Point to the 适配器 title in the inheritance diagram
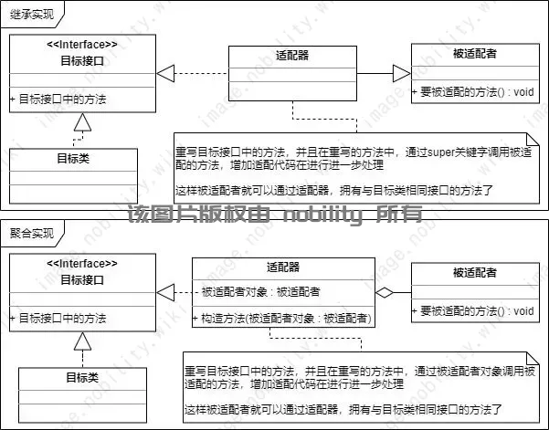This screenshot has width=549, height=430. (x=291, y=55)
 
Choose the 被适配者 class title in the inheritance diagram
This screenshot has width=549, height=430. (x=474, y=55)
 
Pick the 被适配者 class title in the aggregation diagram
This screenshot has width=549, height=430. (x=474, y=273)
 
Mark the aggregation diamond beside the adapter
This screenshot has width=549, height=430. (x=386, y=292)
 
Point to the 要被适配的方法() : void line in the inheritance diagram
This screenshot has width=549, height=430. (x=476, y=92)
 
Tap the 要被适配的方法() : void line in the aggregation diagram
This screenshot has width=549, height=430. (x=476, y=311)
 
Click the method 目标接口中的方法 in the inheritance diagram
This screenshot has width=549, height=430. (x=61, y=99)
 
